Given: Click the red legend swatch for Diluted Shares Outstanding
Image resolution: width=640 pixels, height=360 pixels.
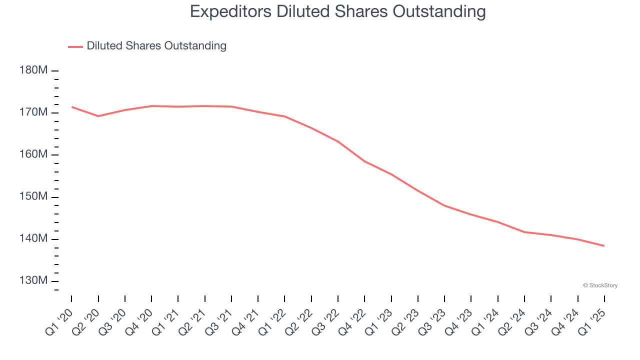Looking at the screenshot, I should coord(75,46).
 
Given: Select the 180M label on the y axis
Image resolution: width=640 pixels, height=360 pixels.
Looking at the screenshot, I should coord(33,70).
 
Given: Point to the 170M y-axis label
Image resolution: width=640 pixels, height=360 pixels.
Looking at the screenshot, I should coord(33,112).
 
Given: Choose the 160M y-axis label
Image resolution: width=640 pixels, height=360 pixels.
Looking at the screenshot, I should coord(33,154).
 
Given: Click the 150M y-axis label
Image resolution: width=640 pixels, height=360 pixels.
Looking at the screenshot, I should coord(33,197).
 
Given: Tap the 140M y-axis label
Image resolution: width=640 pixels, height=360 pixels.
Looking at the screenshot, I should coord(33,239).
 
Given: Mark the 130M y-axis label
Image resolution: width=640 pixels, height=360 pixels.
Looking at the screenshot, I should coord(33,281).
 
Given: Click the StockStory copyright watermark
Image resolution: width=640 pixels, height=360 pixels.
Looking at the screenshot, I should coord(600,285).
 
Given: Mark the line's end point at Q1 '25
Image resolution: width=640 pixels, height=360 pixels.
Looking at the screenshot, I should coord(604,245).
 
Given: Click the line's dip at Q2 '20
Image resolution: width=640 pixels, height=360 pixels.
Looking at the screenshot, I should coord(98,116).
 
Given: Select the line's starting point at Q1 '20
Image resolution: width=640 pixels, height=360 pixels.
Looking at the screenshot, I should coord(71,106).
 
